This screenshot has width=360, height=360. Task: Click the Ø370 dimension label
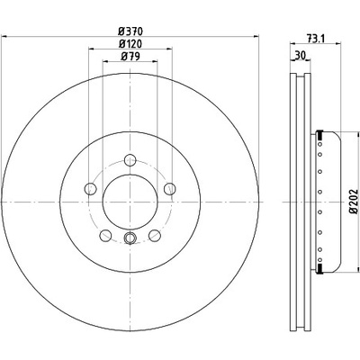click(130, 31)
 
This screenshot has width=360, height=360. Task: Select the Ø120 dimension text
click(130, 44)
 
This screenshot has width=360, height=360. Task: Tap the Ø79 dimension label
click(130, 57)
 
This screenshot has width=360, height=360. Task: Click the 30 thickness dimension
click(300, 55)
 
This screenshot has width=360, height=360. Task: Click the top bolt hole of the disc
click(130, 159)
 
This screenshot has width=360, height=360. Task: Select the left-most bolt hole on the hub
click(90, 189)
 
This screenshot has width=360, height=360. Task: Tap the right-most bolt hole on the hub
click(170, 189)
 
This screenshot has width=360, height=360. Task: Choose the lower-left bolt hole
click(105, 236)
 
